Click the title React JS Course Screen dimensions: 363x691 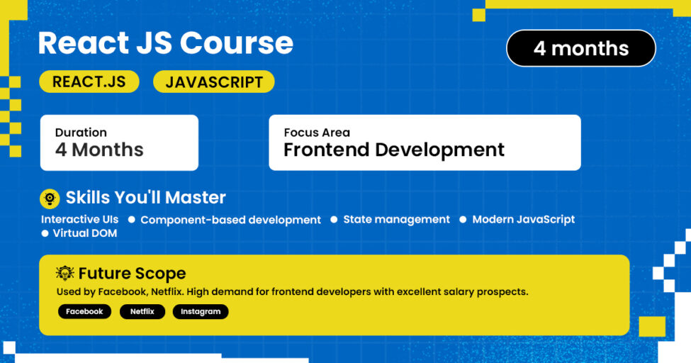(165, 43)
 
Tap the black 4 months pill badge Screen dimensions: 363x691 (580, 48)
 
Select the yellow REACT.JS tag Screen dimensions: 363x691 (89, 82)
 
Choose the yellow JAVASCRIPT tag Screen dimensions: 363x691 (214, 82)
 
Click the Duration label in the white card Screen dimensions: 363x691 (81, 133)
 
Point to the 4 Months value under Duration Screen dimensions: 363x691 (99, 150)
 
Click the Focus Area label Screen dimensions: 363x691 (317, 133)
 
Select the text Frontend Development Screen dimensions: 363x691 (394, 150)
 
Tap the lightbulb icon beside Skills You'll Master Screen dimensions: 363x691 (50, 198)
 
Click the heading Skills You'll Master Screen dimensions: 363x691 (146, 198)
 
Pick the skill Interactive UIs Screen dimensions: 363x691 (79, 219)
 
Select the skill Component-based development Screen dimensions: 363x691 (230, 220)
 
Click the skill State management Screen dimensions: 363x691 (396, 219)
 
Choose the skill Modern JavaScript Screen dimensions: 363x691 (523, 219)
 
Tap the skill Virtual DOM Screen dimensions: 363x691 (84, 233)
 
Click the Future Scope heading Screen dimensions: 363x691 (132, 273)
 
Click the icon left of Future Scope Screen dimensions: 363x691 (65, 273)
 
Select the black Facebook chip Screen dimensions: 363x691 (84, 311)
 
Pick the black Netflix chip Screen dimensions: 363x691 (142, 311)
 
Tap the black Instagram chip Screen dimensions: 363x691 (201, 311)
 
